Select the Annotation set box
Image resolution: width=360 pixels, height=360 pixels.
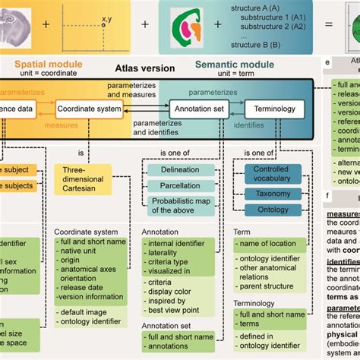coord(197,109)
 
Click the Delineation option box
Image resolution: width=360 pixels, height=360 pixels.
coord(180,171)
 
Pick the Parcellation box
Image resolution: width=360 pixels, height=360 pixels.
coord(180,186)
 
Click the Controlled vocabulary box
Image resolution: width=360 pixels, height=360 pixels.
coord(270,174)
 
